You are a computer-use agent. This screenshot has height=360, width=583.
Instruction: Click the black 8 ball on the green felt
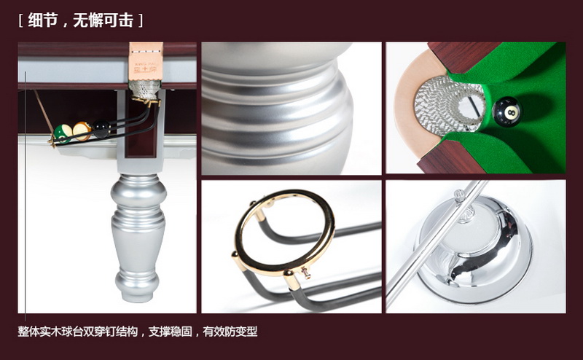pos(506,111)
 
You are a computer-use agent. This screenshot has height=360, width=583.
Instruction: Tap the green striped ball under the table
pos(63,133)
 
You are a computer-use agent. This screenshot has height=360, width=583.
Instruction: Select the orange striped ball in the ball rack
pos(82,131)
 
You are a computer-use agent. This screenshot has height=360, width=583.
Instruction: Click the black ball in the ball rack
pos(101,129)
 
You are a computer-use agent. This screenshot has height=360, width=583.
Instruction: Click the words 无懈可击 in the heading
pos(103,20)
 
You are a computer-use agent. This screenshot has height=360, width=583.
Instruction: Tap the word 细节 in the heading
pos(43,20)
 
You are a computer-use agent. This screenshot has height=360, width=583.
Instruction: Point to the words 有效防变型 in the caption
pos(230,332)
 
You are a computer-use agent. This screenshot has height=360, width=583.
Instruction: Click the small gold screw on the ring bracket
pos(306,273)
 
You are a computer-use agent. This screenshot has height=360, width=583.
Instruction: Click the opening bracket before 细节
pos(21,21)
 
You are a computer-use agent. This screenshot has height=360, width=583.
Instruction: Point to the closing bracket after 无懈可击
pos(141,21)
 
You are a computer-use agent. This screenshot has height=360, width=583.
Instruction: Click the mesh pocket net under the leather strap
pos(144,90)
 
